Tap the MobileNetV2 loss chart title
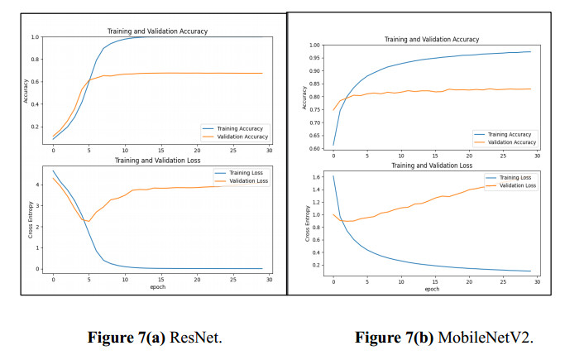[431, 166]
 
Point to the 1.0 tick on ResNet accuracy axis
[34, 37]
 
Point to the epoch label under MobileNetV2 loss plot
[431, 289]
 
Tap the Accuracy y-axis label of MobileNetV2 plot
[304, 97]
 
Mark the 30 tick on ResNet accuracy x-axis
[266, 150]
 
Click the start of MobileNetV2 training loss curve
[333, 175]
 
